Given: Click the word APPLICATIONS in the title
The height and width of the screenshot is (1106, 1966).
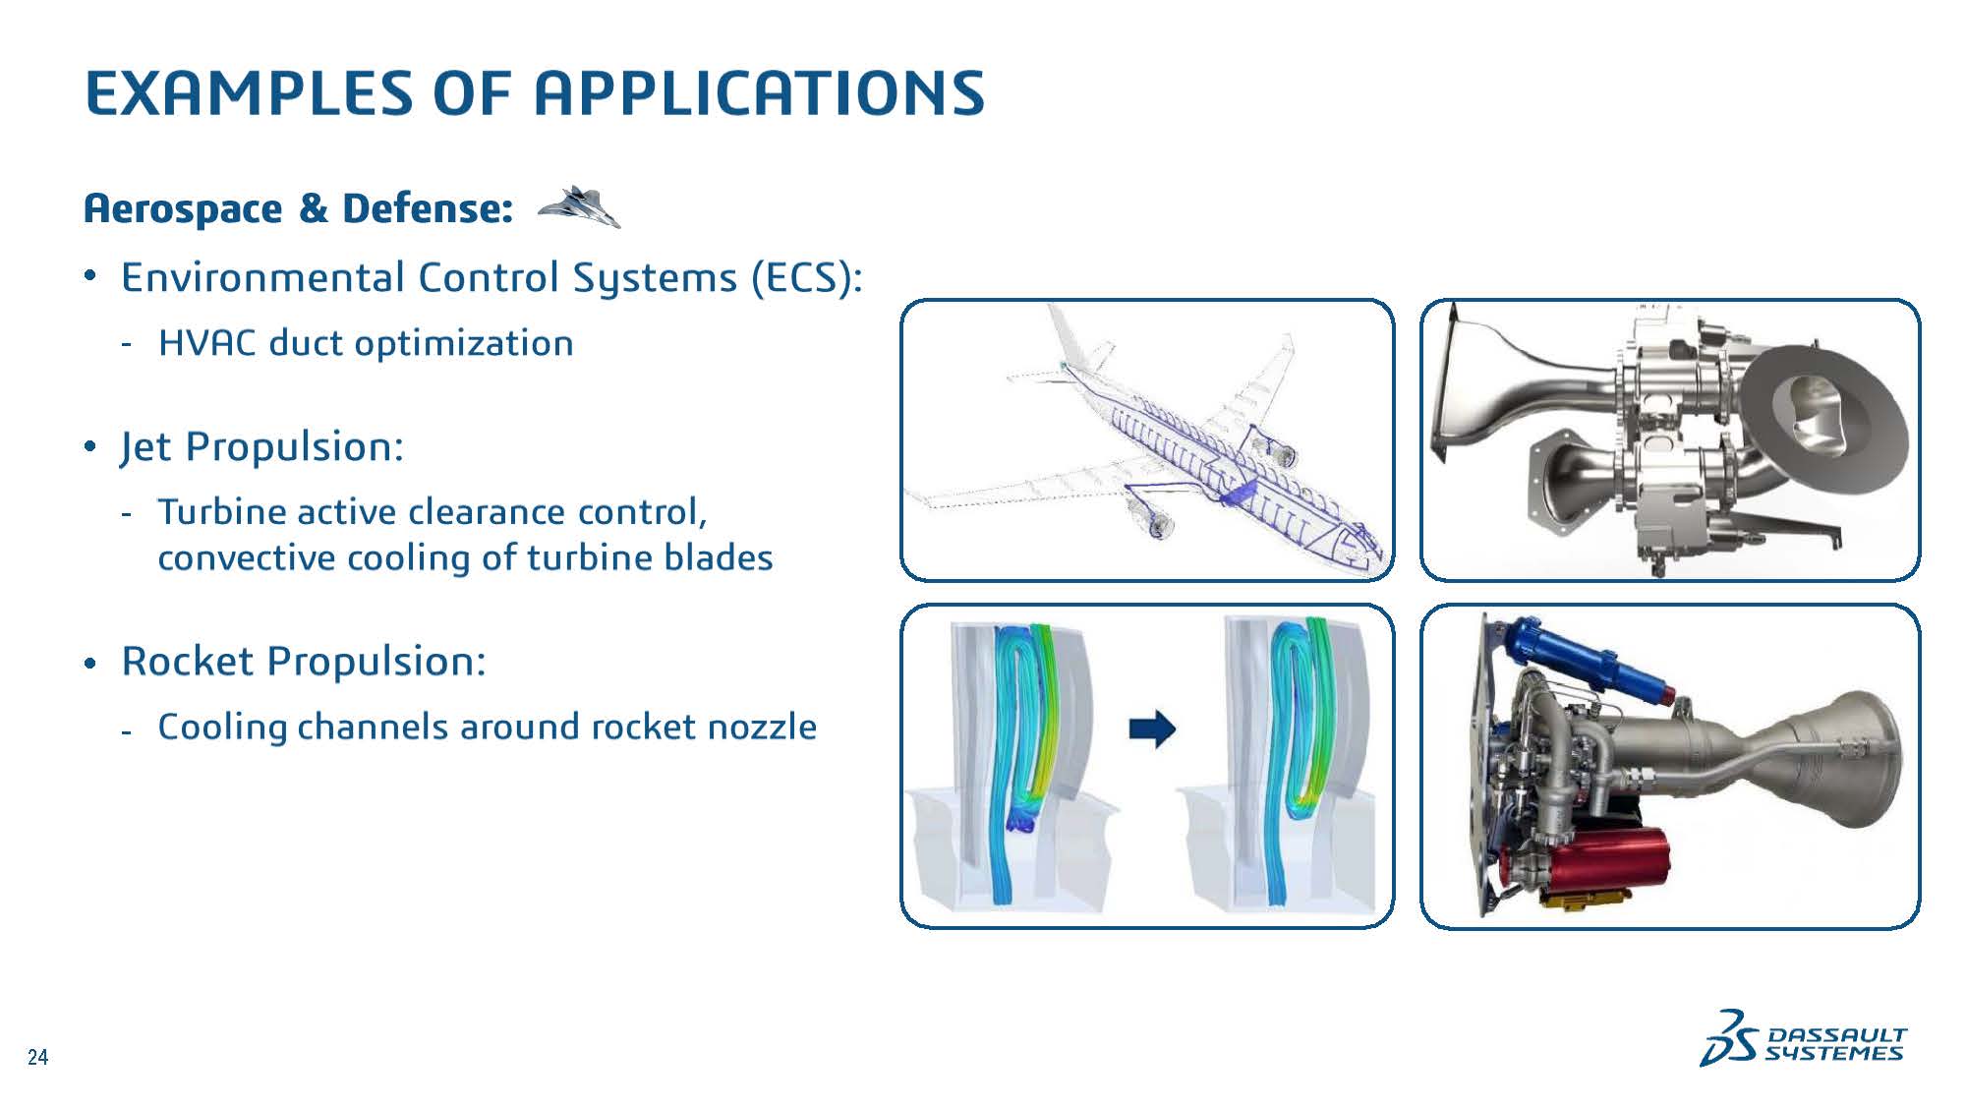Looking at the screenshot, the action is (758, 93).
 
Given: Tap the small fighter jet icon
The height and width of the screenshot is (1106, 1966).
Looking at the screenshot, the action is (579, 206).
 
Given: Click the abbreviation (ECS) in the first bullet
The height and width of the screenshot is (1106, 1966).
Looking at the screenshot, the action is (806, 278).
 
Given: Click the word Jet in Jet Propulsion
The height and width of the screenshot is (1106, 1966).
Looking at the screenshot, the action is (146, 447).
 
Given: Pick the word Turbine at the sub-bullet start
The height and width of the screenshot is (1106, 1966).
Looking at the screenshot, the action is (222, 512).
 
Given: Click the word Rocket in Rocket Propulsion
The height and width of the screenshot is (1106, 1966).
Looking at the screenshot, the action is (188, 661).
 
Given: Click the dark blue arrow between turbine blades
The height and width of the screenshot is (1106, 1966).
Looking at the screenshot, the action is (1152, 728).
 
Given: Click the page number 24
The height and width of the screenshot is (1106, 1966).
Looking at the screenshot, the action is (37, 1058).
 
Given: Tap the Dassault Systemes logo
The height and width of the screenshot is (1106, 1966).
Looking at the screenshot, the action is (1804, 1037).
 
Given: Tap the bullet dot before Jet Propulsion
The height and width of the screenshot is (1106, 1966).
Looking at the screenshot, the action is (90, 447).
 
